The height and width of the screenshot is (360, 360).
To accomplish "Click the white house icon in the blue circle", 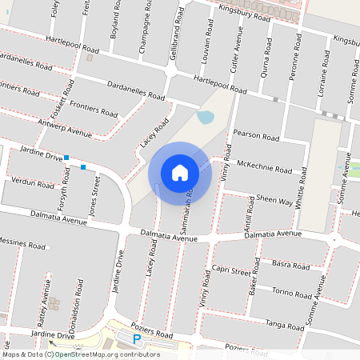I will (180, 172).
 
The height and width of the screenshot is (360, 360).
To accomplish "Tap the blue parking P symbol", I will (137, 339).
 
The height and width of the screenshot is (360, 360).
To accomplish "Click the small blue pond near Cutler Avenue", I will (206, 118).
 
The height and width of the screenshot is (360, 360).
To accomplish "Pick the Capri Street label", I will (230, 271).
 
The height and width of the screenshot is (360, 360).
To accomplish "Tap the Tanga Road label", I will (285, 324).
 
